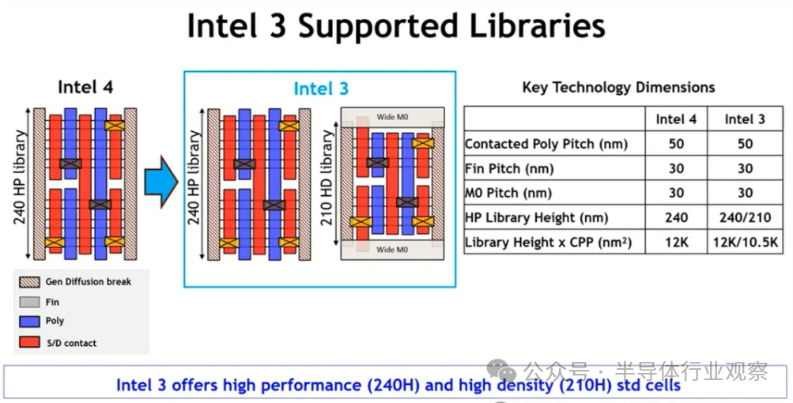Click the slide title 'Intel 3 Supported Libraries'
point(396,26)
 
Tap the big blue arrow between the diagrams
point(161,182)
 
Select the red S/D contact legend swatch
point(29,342)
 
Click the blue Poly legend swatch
point(29,321)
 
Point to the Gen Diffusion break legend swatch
point(29,281)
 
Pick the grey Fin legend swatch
point(29,302)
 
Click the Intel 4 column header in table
point(676,119)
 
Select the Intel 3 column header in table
point(745,119)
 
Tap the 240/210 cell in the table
point(745,217)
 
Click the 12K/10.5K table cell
point(745,243)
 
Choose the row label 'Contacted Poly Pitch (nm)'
point(546,144)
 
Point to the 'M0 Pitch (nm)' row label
point(508,193)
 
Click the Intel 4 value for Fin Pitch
point(676,168)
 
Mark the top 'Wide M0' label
point(392,117)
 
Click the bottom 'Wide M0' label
point(392,249)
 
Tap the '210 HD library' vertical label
point(328,178)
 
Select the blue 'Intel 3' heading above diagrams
point(321,89)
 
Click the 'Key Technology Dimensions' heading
point(618,88)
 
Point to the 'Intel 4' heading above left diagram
point(85,87)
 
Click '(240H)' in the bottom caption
point(394,386)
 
